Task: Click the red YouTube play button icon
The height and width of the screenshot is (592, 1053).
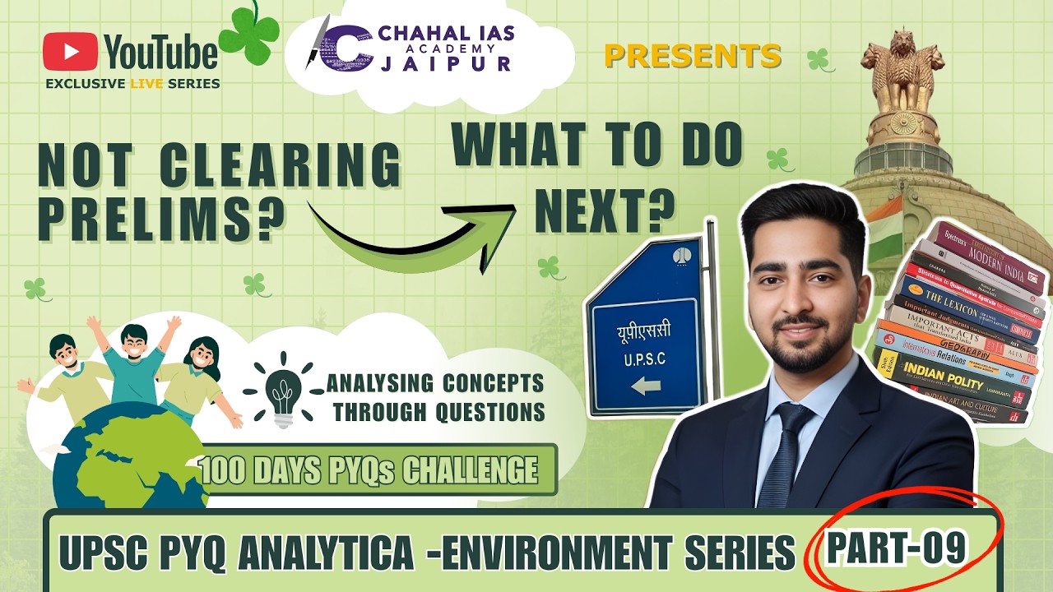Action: click(x=69, y=52)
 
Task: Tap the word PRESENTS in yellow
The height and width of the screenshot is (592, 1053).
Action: click(x=692, y=55)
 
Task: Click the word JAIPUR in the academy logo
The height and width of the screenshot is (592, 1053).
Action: click(x=457, y=63)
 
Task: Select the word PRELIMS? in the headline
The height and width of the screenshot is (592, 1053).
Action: click(x=156, y=217)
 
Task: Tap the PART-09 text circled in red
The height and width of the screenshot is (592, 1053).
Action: click(x=896, y=547)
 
